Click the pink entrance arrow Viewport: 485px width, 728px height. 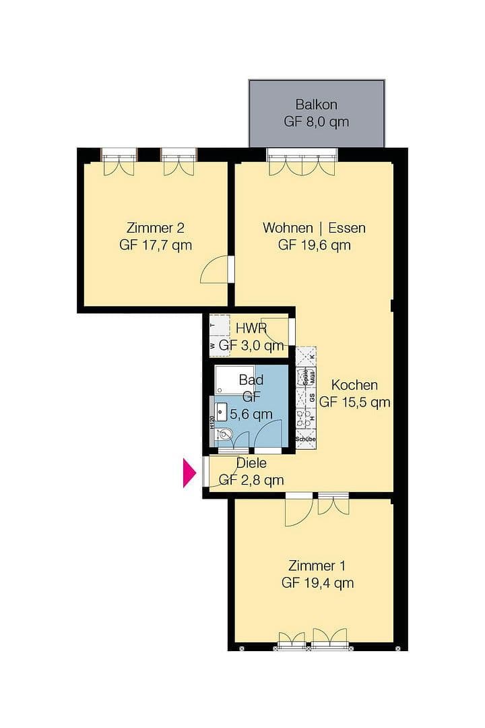[x=190, y=472]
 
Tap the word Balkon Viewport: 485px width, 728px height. [x=316, y=105]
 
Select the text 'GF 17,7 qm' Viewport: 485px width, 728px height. [x=156, y=245]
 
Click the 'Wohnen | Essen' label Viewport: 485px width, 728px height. [x=314, y=228]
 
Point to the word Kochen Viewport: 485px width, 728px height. [x=354, y=386]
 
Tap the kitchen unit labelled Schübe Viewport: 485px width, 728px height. [x=306, y=439]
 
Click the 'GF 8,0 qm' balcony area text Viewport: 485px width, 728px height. [x=316, y=123]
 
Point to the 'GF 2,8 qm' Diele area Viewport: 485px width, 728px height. [x=251, y=480]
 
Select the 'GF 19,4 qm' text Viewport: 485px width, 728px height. [x=318, y=583]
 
